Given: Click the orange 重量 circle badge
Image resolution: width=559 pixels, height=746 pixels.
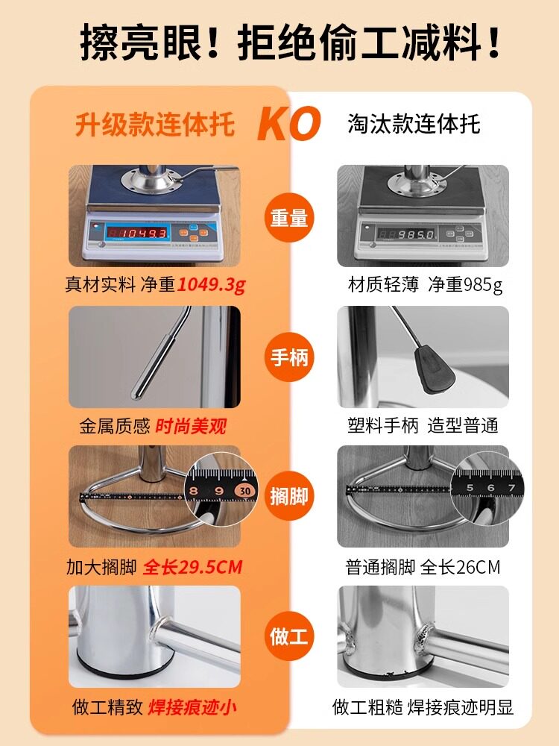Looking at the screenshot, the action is [x=289, y=218].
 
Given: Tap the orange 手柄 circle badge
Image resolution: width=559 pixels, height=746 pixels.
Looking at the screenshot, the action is [x=289, y=357].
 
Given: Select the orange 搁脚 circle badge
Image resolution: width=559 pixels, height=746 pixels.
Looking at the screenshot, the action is [x=289, y=497].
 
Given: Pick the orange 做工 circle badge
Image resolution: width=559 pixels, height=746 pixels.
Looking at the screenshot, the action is [x=289, y=636].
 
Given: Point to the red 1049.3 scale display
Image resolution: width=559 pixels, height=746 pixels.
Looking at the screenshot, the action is [x=138, y=233].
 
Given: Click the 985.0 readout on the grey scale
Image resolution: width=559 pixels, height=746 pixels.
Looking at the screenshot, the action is [x=405, y=234].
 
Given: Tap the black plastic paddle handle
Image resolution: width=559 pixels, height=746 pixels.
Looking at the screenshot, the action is [x=435, y=369].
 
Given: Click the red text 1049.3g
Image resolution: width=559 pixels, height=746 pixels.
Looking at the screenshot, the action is [x=212, y=284].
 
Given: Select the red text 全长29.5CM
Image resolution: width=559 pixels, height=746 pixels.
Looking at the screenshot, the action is [x=192, y=567].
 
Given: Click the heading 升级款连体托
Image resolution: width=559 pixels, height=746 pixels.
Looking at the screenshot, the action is [x=155, y=125].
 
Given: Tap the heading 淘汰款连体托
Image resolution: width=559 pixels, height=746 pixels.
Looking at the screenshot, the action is [x=414, y=124].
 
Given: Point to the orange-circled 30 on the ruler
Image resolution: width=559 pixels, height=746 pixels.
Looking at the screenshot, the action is [x=245, y=490].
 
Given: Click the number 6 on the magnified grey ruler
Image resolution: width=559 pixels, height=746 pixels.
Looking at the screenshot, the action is [x=490, y=488].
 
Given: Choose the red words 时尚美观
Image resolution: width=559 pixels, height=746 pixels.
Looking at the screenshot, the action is [x=191, y=426].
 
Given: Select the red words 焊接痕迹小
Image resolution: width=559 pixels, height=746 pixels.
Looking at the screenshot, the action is [x=192, y=707].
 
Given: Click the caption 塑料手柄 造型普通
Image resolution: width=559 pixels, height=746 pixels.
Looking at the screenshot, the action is [x=423, y=425].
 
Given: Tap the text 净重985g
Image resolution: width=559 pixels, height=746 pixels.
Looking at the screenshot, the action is [x=465, y=284].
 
